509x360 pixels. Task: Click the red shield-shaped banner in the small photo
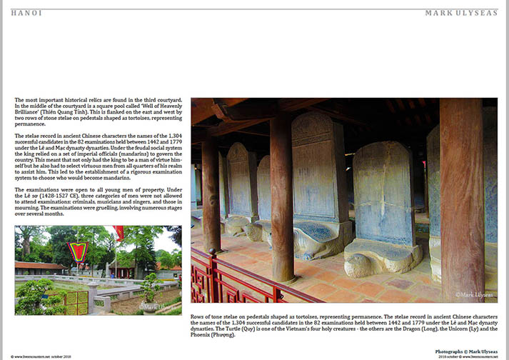(x=77, y=252)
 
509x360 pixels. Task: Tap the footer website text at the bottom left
(x=43, y=356)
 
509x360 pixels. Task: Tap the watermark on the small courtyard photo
(x=156, y=306)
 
